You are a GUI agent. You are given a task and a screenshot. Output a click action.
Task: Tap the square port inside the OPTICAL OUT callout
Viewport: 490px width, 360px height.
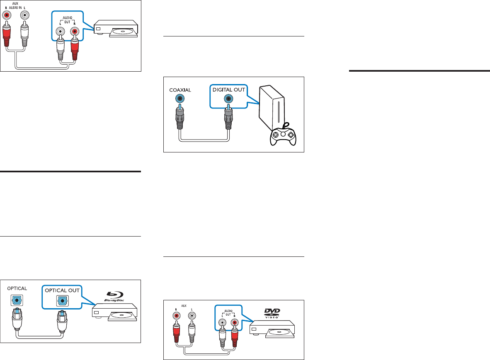pos(63,300)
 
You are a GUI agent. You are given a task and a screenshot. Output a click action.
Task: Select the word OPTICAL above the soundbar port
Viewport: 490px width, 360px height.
pos(17,288)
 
